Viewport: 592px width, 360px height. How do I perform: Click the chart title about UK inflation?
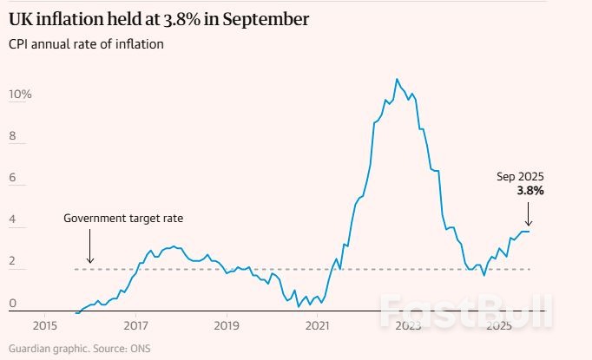(x=159, y=18)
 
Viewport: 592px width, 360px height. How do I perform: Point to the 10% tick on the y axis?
(x=20, y=94)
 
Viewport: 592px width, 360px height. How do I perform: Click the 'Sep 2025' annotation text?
(x=520, y=177)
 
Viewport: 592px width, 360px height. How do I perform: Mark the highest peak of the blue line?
(x=397, y=79)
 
